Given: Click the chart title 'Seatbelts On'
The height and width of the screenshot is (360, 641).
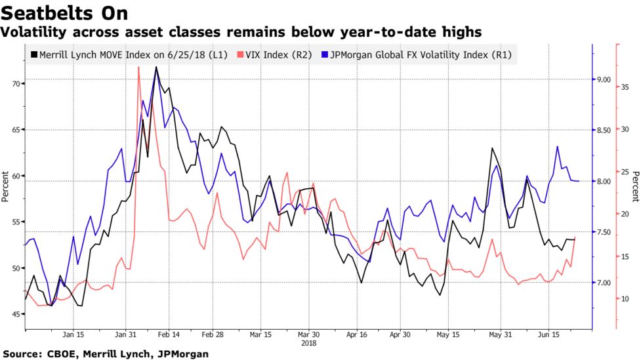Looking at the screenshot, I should [64, 12].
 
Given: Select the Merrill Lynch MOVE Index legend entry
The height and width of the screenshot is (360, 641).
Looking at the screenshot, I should [128, 55].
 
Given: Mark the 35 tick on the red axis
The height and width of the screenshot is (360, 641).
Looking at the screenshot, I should [625, 87].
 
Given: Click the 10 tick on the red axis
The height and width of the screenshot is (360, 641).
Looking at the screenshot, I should [625, 298].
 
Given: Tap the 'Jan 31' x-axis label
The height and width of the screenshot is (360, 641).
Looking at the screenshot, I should [126, 334].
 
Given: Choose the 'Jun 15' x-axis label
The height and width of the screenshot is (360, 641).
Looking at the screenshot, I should [548, 334].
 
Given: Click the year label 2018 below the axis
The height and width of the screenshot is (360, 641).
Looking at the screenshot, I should [308, 342].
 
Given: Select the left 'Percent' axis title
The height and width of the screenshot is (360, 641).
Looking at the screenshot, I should [5, 186].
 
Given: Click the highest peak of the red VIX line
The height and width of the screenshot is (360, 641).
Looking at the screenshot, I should [138, 67].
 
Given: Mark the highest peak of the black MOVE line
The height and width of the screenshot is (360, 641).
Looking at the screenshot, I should [155, 67].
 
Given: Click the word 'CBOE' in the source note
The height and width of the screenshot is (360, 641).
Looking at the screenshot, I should [62, 354].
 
